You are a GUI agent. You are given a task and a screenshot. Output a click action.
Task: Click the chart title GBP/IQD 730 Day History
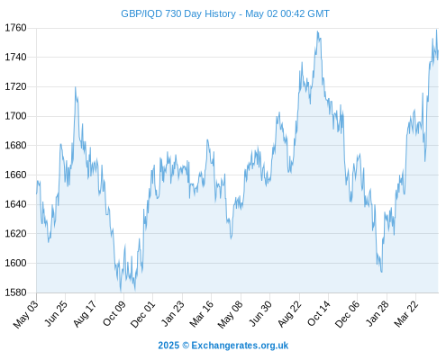pos(178,13)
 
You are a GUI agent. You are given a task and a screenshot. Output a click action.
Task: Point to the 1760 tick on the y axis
pos(15,28)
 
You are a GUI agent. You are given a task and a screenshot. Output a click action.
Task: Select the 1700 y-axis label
pos(15,116)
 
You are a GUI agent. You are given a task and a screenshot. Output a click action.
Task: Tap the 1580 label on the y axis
pos(15,292)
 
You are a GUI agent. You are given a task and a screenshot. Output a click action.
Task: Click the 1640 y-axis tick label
pos(15,204)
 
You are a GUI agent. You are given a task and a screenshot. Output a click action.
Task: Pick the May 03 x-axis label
pos(26,314)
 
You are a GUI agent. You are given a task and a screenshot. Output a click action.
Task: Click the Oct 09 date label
pos(114,313)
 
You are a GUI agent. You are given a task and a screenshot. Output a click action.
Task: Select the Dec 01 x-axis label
pos(142,314)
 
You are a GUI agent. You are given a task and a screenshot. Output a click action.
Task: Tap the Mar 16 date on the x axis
pos(202,313)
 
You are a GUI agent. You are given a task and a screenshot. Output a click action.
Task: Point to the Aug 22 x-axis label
pos(289,314)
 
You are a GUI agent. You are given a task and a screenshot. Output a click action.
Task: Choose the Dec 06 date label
pos(348,314)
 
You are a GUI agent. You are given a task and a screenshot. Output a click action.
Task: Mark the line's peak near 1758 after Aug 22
pos(317,31)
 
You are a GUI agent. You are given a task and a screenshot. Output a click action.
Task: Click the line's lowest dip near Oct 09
pos(121,292)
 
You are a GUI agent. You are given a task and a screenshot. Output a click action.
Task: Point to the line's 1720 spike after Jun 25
pos(76,87)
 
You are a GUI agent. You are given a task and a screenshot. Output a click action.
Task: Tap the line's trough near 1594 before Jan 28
pos(382,272)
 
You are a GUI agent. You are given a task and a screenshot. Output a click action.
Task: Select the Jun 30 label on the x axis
pos(260,313)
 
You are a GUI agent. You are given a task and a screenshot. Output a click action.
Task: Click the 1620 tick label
pos(15,233)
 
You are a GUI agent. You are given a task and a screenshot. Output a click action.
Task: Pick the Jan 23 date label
pos(172,313)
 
